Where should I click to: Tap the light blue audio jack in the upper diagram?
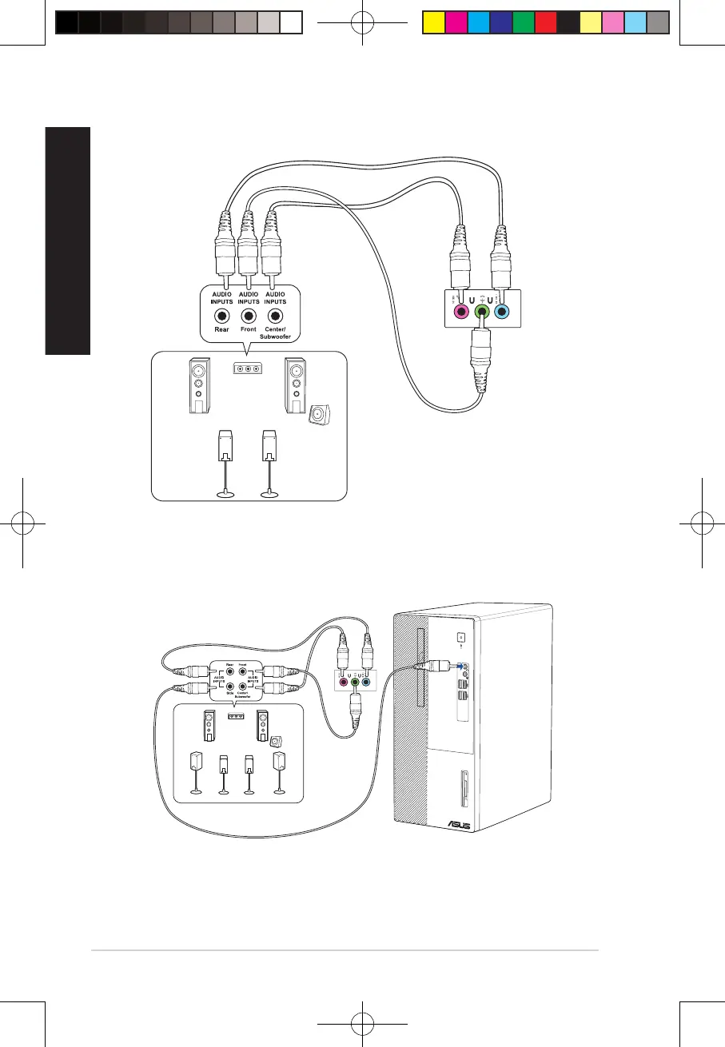click(x=501, y=313)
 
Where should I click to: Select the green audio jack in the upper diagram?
click(x=480, y=313)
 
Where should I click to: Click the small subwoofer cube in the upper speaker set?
click(x=320, y=414)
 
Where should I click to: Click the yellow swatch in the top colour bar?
click(x=432, y=24)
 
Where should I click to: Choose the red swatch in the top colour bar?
click(x=546, y=24)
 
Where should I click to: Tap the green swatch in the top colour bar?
click(x=524, y=24)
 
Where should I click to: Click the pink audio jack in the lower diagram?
click(x=345, y=682)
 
